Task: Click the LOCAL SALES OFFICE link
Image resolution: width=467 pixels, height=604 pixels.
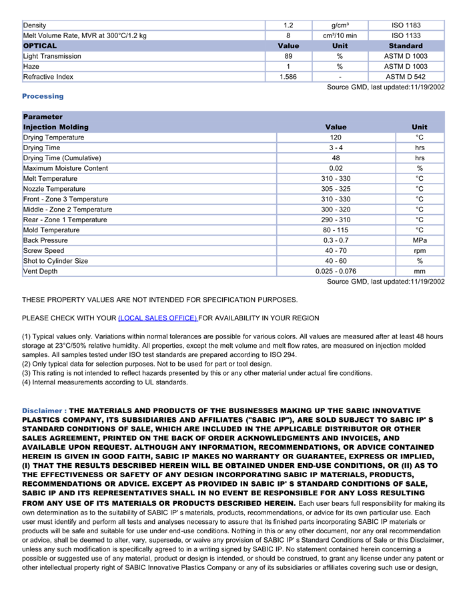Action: pos(157,318)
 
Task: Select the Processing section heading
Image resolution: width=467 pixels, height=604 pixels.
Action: pos(43,96)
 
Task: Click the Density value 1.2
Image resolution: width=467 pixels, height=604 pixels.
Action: pos(288,25)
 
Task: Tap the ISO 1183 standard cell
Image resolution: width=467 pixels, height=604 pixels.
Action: pos(406,25)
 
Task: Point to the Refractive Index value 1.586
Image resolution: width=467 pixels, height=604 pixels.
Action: pos(288,77)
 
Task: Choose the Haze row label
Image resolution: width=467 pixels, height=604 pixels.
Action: pos(31,67)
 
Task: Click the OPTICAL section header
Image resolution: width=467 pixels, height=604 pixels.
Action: pos(40,46)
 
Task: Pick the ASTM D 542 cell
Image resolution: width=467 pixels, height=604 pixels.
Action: pos(406,77)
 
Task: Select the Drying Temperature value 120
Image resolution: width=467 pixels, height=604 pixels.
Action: pos(336,137)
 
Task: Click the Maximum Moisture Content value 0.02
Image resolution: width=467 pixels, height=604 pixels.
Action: pos(336,168)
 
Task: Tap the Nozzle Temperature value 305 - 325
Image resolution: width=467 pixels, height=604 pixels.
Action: pos(336,189)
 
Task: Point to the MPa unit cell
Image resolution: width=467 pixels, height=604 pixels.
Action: pos(420,240)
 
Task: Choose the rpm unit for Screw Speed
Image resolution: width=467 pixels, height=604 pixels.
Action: pos(420,251)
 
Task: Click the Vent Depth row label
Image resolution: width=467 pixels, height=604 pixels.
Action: pos(40,272)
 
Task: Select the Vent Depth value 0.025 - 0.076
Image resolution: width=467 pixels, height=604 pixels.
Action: pos(336,272)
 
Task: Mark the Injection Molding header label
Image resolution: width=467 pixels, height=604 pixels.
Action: pos(55,127)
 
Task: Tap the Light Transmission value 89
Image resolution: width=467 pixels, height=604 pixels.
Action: pos(288,56)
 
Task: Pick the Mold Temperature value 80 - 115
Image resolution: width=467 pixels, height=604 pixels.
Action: pos(336,230)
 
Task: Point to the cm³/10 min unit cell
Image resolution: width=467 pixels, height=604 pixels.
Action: pos(340,35)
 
